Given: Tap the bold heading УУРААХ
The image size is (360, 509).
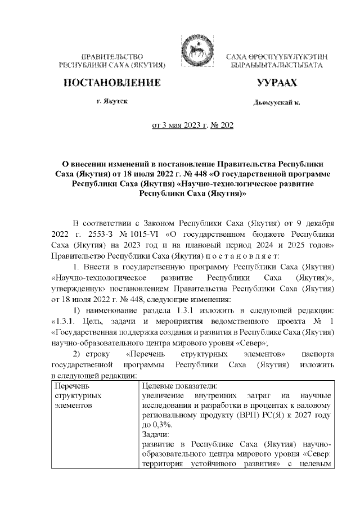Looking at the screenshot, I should (276, 83).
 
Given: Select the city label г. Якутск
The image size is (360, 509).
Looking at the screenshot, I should (111, 102).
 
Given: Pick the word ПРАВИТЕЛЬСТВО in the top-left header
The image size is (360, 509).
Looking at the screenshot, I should (111, 57).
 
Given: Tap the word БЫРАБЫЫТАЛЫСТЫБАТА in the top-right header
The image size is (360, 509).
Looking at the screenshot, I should (276, 66).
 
